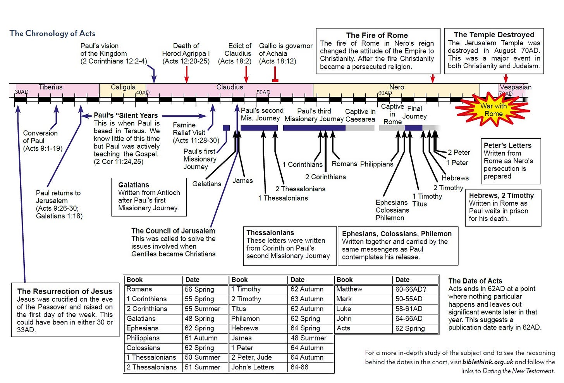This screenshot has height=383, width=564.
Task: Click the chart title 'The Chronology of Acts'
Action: click(52, 33)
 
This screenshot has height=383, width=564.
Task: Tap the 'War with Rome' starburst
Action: click(493, 110)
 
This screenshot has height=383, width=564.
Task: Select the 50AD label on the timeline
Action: click(263, 92)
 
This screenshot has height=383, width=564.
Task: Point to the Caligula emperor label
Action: click(123, 87)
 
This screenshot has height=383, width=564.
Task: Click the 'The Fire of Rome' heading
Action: click(377, 35)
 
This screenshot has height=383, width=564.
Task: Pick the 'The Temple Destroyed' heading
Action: click(494, 34)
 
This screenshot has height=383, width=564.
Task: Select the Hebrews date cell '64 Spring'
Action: click(305, 328)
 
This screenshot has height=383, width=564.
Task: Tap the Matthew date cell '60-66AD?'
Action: click(411, 289)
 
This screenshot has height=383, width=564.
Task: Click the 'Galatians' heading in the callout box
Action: click(134, 185)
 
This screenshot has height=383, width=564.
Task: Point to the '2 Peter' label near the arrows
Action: click(459, 153)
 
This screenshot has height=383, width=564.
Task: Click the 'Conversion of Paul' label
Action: click(40, 137)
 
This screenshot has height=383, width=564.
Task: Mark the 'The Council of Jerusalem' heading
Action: click(173, 231)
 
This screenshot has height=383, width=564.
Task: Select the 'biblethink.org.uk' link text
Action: click(488, 362)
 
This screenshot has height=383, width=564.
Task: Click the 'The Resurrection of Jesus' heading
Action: click(65, 291)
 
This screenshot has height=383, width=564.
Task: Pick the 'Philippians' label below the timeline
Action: click(377, 164)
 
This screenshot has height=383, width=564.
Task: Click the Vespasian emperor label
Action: click(515, 87)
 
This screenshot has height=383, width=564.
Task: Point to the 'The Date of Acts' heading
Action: click(475, 281)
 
